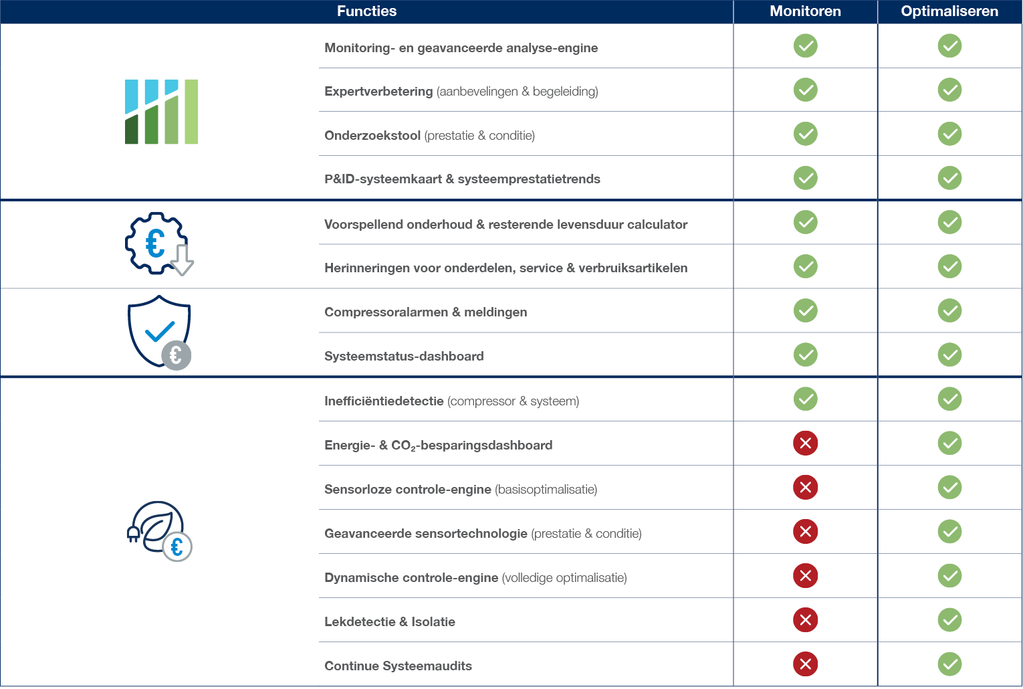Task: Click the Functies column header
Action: point(366,11)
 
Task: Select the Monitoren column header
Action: point(805,11)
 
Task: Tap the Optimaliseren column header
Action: point(949,11)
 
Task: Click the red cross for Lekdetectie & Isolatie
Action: point(806,620)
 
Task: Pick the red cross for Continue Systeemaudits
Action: point(806,664)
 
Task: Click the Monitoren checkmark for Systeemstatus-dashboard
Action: point(806,355)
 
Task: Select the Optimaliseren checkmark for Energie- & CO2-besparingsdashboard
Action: point(950,444)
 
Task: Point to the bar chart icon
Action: point(161,112)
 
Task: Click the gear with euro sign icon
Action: point(159,243)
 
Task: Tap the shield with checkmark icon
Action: point(159,332)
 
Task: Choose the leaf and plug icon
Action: point(159,531)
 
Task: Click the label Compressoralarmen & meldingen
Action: point(426,312)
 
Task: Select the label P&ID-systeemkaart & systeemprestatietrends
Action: point(462,179)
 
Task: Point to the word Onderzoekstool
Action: point(372,135)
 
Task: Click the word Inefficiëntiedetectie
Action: point(384,401)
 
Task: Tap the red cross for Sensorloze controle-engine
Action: point(806,487)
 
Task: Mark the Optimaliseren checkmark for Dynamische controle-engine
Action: point(950,576)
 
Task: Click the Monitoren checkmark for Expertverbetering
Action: point(806,90)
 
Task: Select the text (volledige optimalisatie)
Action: point(564,577)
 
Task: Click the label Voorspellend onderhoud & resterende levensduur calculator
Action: point(506,224)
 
